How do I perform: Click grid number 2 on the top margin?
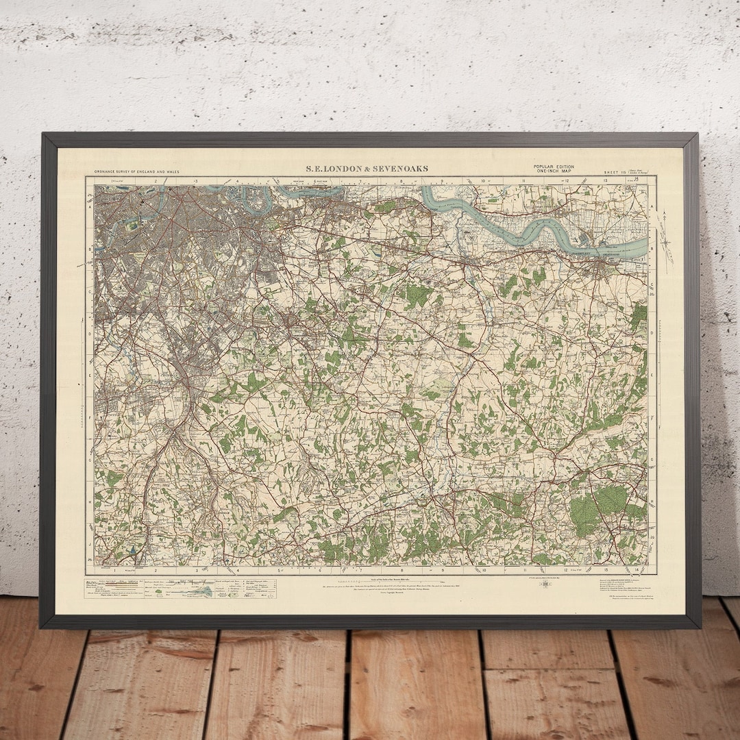(x=156, y=181)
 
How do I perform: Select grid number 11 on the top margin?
(x=524, y=181)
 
